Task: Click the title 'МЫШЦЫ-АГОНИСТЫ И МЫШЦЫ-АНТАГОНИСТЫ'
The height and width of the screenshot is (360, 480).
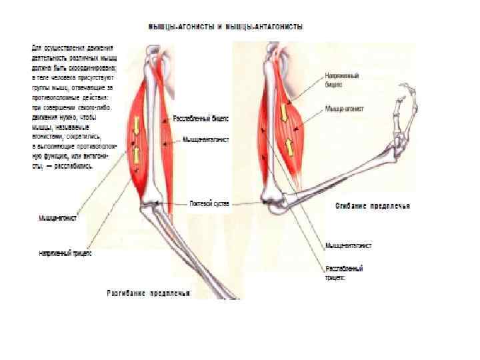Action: pyautogui.click(x=225, y=27)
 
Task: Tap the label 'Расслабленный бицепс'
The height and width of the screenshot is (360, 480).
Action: pyautogui.click(x=201, y=118)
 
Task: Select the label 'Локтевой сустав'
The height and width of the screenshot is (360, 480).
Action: pyautogui.click(x=209, y=203)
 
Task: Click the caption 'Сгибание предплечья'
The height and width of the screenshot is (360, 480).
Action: pyautogui.click(x=373, y=206)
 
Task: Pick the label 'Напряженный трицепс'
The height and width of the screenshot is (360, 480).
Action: pyautogui.click(x=64, y=253)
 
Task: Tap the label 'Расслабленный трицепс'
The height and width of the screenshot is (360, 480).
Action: pyautogui.click(x=344, y=272)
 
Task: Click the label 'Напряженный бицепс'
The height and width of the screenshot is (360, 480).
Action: pyautogui.click(x=339, y=80)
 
